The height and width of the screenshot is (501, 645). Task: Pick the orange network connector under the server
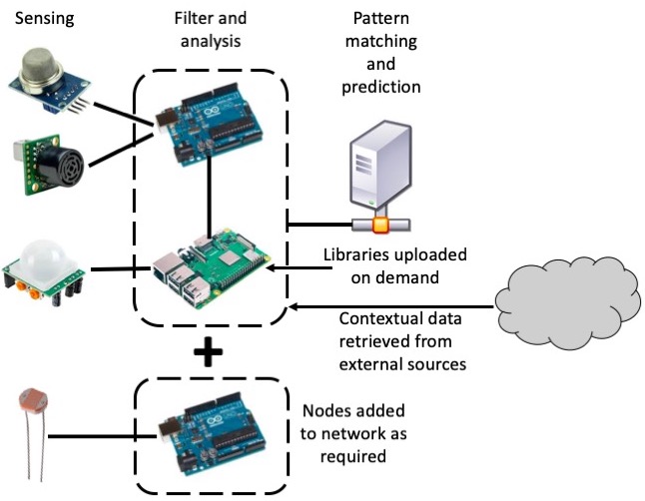(x=379, y=224)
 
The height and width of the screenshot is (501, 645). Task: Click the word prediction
(x=380, y=87)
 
